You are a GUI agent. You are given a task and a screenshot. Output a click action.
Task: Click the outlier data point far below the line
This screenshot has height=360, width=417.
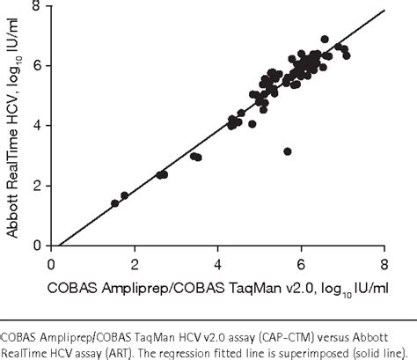click(x=288, y=151)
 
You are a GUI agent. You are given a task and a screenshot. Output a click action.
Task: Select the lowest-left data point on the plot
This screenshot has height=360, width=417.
click(x=115, y=203)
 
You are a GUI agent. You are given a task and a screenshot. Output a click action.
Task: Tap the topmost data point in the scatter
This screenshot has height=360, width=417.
click(x=325, y=40)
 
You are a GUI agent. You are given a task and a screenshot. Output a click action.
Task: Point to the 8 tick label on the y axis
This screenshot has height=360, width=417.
click(x=36, y=7)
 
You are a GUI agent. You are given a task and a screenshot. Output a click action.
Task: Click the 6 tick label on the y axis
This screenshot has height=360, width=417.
click(x=36, y=67)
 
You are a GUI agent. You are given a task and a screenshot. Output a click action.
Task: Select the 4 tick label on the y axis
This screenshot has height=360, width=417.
click(x=36, y=126)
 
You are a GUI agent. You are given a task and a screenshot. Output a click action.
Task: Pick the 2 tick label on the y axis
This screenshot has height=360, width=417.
click(x=36, y=186)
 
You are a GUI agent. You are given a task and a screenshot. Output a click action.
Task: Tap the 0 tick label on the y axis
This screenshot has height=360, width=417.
click(x=36, y=245)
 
